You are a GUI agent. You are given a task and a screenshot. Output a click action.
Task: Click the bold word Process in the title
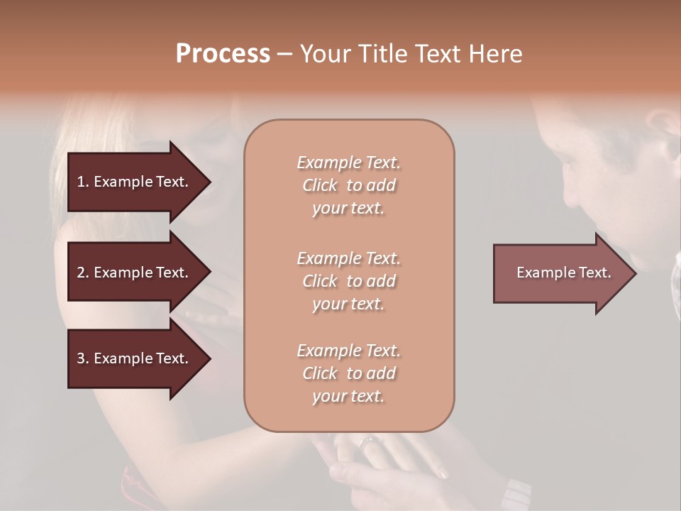pos(223,54)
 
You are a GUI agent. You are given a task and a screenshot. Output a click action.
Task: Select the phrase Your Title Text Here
pos(411,54)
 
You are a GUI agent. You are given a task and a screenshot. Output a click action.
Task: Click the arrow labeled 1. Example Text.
pos(135,182)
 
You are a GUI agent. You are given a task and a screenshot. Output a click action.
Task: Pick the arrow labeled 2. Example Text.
pos(135,273)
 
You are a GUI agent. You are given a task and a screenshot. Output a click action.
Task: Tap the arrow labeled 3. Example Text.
pos(135,358)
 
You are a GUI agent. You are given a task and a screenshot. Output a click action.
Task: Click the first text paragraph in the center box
pos(348,185)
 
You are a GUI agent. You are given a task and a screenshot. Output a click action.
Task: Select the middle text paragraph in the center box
pos(348,281)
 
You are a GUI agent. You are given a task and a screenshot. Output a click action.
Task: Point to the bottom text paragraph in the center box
pos(348,373)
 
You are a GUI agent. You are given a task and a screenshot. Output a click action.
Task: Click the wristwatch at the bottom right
pos(515,493)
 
